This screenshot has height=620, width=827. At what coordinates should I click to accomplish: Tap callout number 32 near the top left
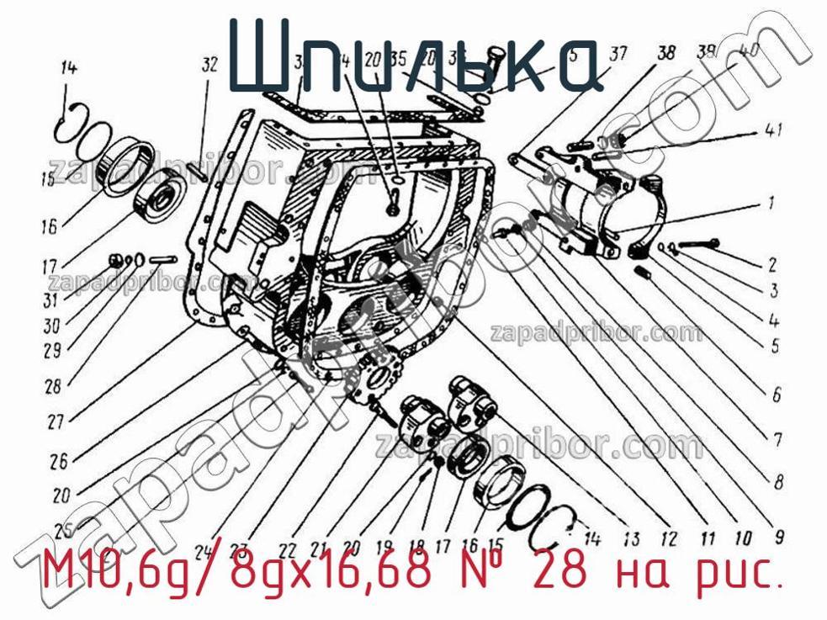tap(209, 64)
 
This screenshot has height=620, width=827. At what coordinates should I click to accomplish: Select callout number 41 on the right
tap(774, 130)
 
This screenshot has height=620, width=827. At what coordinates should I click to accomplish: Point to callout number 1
tap(769, 203)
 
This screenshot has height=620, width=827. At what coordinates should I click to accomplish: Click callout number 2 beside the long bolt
tap(771, 264)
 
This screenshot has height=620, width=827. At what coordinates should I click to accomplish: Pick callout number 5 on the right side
tap(774, 345)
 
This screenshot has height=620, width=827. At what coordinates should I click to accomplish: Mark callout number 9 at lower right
tap(778, 534)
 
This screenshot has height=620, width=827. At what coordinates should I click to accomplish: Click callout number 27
tap(57, 422)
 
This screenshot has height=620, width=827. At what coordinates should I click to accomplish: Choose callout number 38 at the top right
tap(666, 54)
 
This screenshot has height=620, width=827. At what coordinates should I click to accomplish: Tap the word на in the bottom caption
tap(645, 573)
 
